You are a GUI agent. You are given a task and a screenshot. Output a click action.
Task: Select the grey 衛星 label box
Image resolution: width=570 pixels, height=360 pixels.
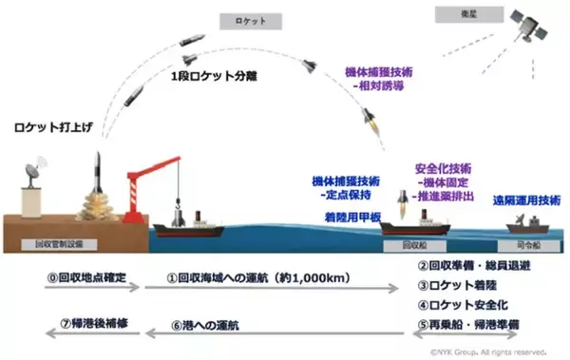click(445, 13)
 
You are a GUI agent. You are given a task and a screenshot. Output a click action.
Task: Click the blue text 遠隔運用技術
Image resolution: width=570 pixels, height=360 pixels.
click(522, 200)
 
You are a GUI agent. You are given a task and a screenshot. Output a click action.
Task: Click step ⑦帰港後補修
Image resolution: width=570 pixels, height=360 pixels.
click(80, 325)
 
